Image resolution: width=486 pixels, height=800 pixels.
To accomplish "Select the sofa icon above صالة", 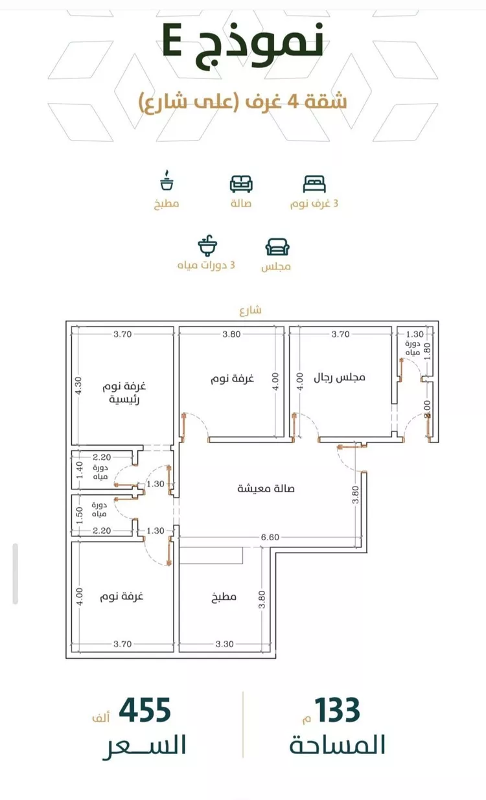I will [x=241, y=184].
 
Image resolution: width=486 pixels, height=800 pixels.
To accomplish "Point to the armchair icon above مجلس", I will [x=277, y=247].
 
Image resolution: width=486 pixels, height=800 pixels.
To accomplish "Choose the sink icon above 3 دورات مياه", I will [x=207, y=247].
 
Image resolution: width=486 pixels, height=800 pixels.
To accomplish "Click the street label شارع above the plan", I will [x=250, y=310].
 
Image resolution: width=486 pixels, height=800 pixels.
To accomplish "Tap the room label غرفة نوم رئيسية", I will [x=124, y=393].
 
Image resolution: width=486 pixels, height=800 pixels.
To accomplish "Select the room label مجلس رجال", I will [x=340, y=376].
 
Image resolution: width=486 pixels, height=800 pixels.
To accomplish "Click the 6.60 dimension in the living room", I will [x=270, y=537].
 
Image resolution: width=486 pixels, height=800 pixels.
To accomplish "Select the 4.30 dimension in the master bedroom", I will [x=78, y=386].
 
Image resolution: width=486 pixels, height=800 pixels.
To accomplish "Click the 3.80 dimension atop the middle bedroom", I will [x=231, y=334].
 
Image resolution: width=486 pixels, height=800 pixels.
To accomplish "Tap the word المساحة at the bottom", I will [x=337, y=745].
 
